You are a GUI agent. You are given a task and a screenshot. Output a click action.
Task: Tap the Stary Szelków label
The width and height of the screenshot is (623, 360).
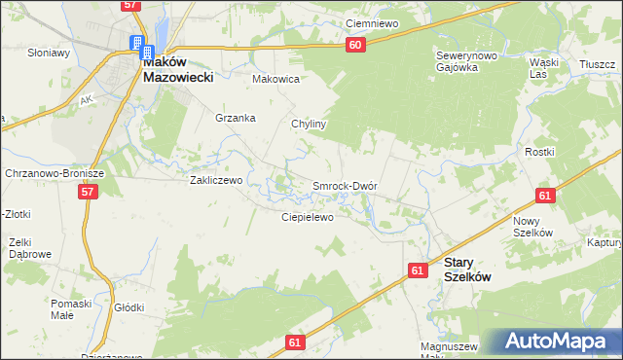(467, 269)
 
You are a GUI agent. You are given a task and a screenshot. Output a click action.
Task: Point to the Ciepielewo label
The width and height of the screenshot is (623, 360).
(308, 217)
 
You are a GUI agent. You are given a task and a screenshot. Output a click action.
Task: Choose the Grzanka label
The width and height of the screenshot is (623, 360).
(236, 118)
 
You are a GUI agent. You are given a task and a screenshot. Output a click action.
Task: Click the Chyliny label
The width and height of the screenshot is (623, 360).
(309, 125)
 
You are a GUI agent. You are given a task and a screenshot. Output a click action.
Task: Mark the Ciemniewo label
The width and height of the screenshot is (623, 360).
(375, 22)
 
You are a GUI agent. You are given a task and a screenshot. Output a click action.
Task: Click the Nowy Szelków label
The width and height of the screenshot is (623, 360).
(532, 227)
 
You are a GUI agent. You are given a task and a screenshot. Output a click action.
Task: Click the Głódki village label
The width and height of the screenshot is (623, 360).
(129, 307)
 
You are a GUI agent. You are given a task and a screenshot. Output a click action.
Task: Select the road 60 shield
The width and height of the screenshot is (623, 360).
(354, 45)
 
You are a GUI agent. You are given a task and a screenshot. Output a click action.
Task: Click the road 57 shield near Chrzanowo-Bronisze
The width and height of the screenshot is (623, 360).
(89, 193)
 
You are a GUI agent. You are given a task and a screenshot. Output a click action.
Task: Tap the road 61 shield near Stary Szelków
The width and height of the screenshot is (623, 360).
(418, 270)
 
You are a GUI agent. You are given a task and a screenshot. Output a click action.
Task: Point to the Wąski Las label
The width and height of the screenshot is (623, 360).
(543, 67)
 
